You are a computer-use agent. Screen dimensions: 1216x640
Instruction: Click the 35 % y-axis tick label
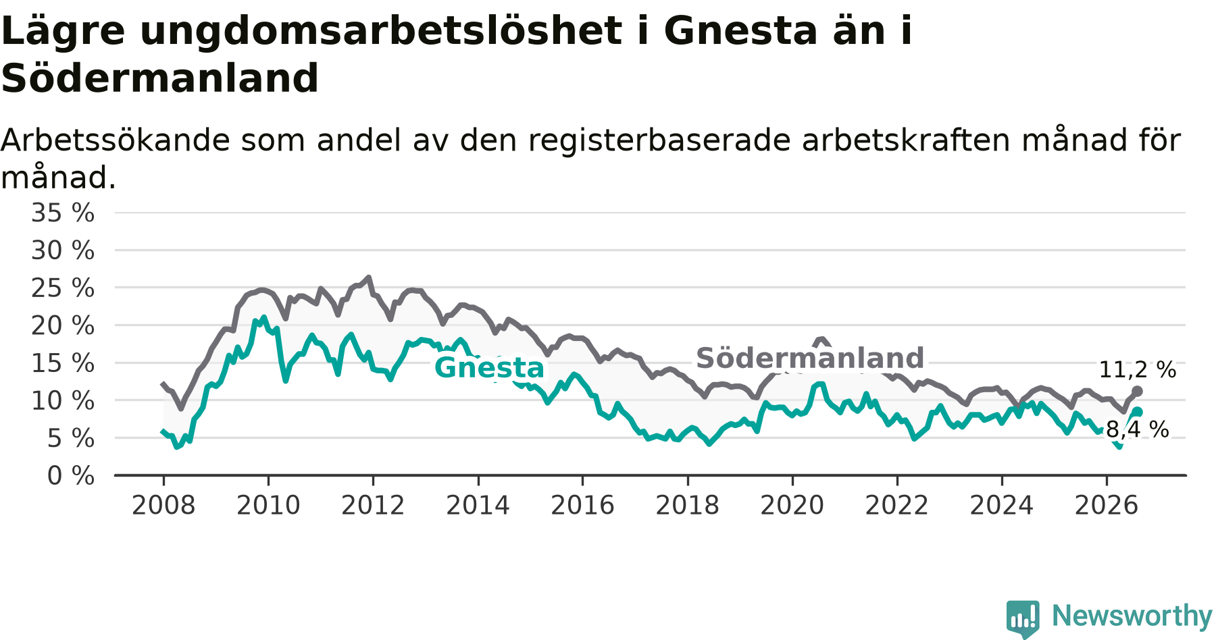coord(63,213)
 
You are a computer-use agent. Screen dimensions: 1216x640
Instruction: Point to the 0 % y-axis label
coord(71,476)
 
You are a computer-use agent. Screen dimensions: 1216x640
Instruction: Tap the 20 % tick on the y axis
coord(63,326)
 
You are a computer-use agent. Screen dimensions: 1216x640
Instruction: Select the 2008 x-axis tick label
coord(163,506)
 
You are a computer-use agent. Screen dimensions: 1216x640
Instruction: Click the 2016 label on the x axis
coord(582,506)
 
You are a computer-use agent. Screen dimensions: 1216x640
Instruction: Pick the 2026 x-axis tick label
coord(1107,506)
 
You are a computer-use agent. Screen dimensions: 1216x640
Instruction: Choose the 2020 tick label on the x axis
coord(792,506)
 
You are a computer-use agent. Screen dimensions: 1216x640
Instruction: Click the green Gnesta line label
coord(489,368)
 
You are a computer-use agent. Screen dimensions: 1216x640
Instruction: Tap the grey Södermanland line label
coord(810,358)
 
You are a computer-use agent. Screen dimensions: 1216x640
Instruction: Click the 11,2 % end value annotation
coord(1138,370)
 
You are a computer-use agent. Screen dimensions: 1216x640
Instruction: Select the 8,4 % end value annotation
coord(1138,429)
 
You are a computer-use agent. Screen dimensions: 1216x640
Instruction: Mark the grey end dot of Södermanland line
coord(1137,392)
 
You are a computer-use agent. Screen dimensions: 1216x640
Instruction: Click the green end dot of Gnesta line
coord(1138,412)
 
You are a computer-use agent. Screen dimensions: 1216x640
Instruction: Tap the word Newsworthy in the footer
coord(1132,616)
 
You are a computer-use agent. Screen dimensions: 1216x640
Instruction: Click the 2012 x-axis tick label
coord(373,506)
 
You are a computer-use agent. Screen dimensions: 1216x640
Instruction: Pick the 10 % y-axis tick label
coord(63,401)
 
